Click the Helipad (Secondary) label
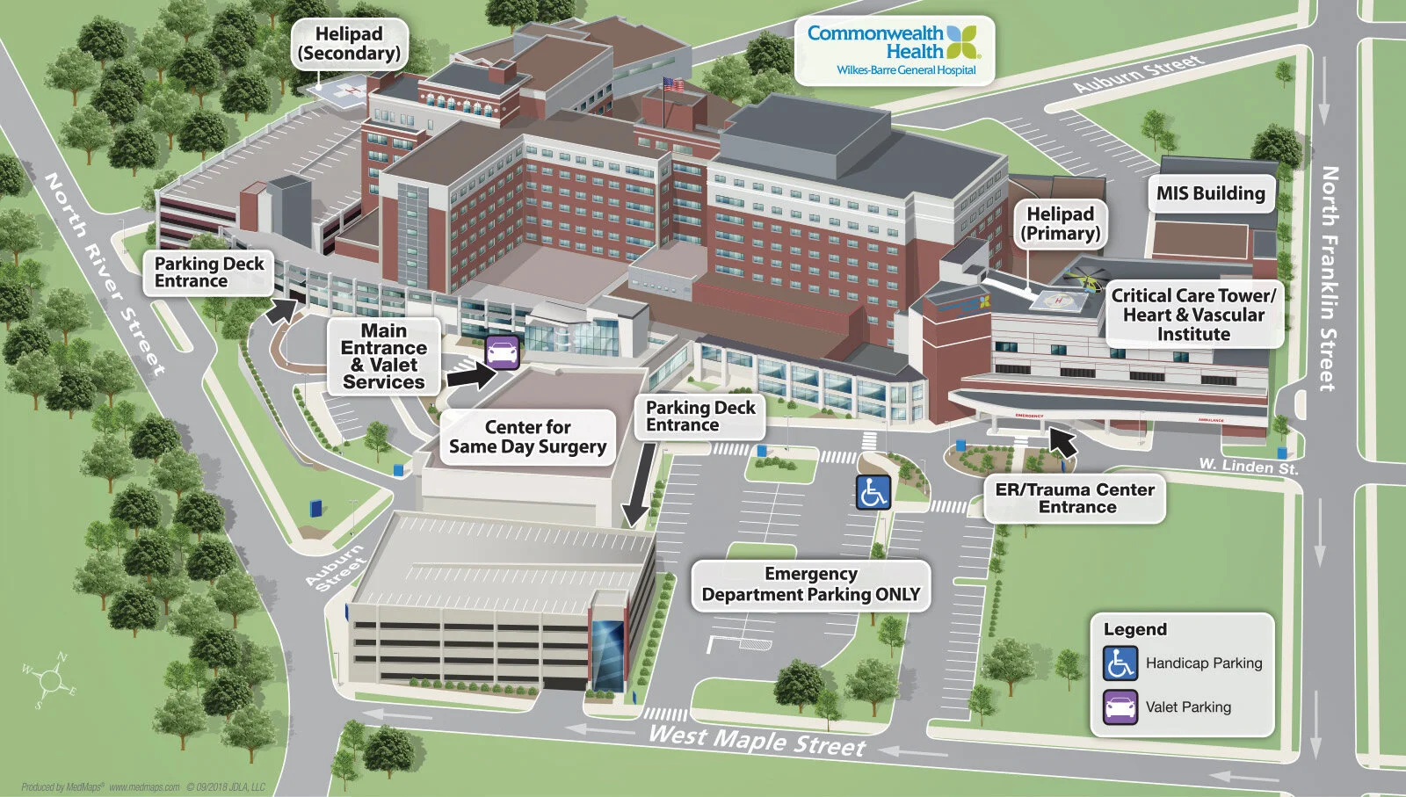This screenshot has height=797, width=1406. [x=349, y=44]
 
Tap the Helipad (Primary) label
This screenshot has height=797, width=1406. [x=1061, y=224]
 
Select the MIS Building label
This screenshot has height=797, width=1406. [x=1210, y=193]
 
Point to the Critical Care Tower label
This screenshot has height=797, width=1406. [x=1193, y=315]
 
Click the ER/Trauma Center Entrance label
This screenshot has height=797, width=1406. [x=1075, y=498]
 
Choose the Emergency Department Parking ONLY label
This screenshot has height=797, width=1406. [x=810, y=584]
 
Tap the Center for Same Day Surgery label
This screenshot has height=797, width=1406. [x=527, y=437]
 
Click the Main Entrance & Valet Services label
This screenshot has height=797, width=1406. [x=384, y=356]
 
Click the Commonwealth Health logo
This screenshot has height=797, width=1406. [x=894, y=50]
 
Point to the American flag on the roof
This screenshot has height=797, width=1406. [x=673, y=85]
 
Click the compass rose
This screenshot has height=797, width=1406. [x=50, y=680]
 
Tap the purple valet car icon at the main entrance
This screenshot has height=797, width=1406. [x=502, y=352]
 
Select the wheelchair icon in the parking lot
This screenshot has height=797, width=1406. [x=873, y=492]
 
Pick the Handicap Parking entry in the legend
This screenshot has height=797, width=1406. [x=1183, y=663]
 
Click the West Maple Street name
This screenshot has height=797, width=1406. [x=757, y=740]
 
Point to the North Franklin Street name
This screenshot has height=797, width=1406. [x=1330, y=278]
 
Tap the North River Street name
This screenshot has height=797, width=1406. [x=105, y=273]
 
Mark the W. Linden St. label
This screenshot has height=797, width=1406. [x=1248, y=466]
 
